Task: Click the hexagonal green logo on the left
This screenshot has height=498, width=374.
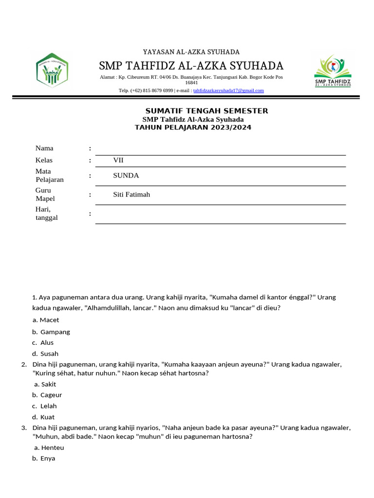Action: coord(52,70)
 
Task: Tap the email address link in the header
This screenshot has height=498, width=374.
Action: coord(228,90)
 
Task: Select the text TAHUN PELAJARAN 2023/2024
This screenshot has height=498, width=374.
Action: coord(193,127)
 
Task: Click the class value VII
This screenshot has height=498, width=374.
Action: coord(119,160)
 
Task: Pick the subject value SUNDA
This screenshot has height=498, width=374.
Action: coord(126,176)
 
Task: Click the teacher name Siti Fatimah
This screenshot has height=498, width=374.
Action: coord(131,195)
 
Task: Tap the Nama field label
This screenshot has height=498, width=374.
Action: coord(44,148)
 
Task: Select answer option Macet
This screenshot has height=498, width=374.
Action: coord(49,320)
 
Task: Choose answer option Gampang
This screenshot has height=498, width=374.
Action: coord(55,332)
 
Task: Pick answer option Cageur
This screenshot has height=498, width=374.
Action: coord(51,395)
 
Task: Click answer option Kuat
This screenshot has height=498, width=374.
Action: coord(48,417)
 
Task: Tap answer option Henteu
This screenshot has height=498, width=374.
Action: coord(53,447)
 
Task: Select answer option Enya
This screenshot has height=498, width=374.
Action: coord(48,458)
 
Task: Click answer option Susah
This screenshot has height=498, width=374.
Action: coord(49,354)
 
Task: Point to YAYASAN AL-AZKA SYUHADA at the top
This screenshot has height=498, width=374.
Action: coord(191,52)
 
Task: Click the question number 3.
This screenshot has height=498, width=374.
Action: coord(24,428)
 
